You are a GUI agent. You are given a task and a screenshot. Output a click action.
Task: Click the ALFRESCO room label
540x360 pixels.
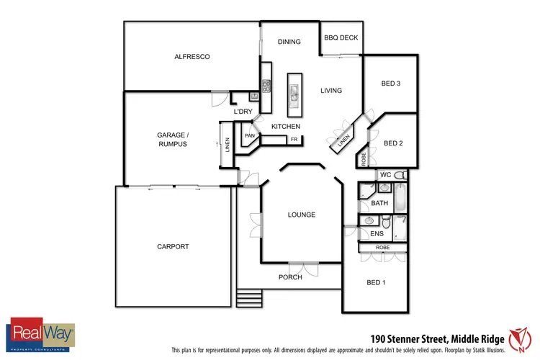click(192, 56)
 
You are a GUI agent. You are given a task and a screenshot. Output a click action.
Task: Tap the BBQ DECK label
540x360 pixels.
click(341, 38)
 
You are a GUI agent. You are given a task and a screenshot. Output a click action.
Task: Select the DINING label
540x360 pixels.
click(289, 42)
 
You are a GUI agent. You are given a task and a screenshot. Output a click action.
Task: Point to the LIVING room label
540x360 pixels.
click(331, 91)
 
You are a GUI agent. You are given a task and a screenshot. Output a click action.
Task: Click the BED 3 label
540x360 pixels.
click(390, 84)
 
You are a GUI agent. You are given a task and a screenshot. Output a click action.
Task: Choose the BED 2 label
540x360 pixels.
click(392, 143)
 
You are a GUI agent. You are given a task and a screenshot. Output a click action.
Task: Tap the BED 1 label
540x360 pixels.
click(376, 282)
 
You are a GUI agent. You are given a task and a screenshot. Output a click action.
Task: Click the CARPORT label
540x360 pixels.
click(173, 247)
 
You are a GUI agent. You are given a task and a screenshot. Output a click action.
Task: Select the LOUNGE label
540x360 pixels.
click(302, 215)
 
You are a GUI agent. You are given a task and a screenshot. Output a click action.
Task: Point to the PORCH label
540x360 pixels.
click(291, 277)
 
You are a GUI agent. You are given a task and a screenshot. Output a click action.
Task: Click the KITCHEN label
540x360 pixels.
click(285, 127)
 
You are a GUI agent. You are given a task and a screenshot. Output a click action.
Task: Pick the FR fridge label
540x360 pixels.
click(294, 139)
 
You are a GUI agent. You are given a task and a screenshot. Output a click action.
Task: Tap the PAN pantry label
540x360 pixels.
click(250, 135)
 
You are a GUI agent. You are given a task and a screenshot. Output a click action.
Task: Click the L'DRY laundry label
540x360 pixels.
click(243, 112)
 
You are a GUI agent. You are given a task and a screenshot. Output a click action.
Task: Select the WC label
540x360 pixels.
click(385, 175)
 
